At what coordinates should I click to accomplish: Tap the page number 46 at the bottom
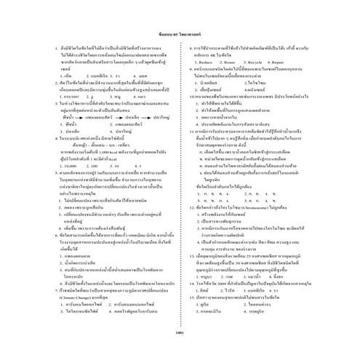click(x=179, y=332)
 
